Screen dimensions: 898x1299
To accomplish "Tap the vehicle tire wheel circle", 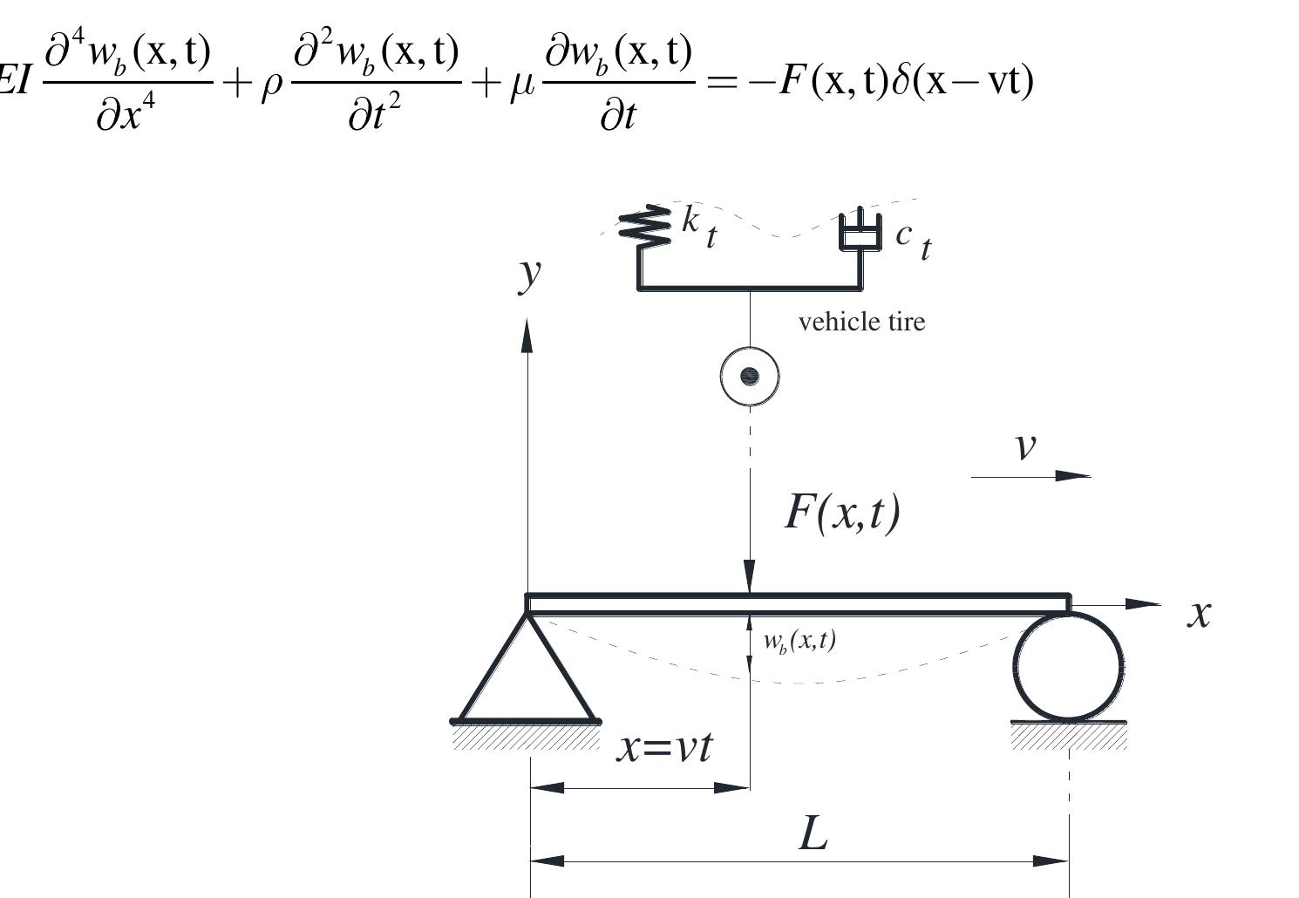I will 750,377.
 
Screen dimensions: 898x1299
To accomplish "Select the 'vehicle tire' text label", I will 861,322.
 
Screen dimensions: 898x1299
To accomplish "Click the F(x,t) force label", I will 842,512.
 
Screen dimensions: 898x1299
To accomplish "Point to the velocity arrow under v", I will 1030,476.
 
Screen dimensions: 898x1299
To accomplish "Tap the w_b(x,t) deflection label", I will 799,641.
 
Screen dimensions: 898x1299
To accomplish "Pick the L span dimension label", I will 813,834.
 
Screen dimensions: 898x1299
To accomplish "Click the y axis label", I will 529,273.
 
